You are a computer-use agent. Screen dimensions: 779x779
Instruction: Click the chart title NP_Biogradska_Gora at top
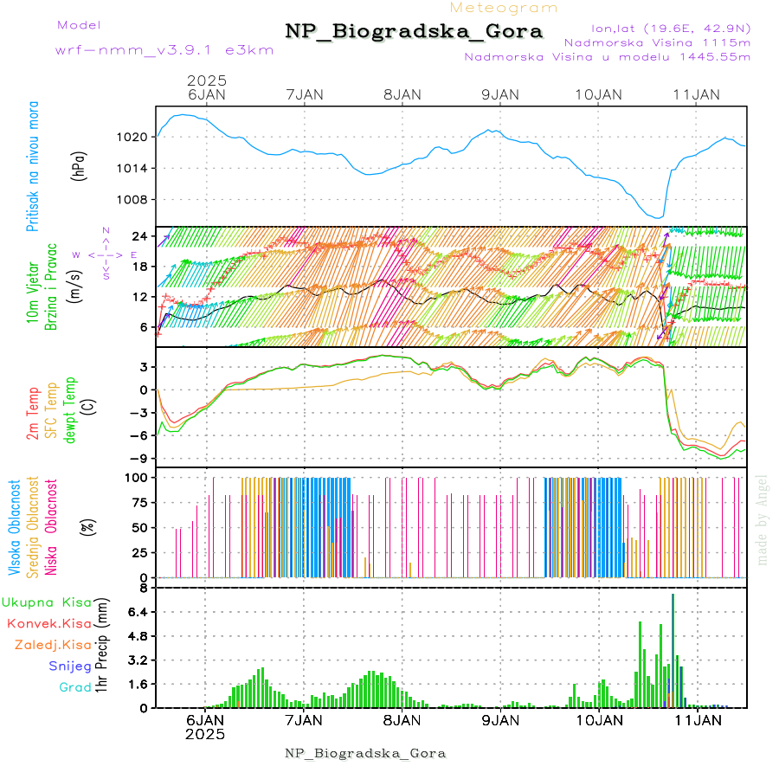point(414,32)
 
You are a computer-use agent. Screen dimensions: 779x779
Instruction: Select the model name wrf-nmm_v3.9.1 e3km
point(164,50)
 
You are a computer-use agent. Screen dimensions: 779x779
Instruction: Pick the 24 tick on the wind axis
point(138,235)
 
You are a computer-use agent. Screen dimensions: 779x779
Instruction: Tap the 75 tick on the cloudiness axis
point(138,502)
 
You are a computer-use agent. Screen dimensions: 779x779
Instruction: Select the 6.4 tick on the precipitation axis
point(137,612)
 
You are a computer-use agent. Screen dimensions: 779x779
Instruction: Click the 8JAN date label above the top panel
point(402,94)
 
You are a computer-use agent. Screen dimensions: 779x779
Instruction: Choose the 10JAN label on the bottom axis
point(596,720)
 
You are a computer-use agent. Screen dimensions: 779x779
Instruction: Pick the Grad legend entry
point(75,688)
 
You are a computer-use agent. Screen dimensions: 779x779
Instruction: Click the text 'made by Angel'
point(763,519)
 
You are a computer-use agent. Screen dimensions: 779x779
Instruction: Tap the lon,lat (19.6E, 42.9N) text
point(671,28)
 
